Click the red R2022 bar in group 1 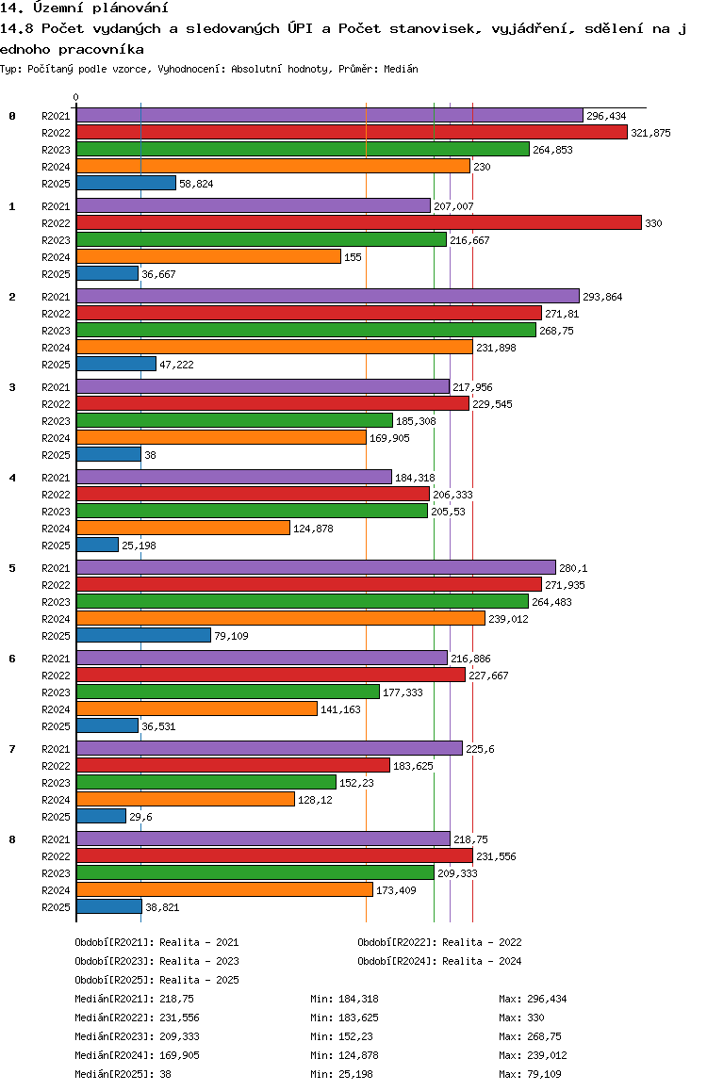coord(359,222)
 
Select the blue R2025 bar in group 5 coord(143,635)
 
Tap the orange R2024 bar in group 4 coord(183,529)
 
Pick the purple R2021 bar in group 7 coord(270,749)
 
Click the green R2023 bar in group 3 coord(235,421)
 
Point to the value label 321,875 coord(650,133)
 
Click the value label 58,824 coord(196,184)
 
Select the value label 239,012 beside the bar coord(508,619)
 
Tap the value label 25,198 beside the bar coord(139,545)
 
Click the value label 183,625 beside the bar coord(413,766)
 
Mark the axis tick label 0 coord(75,97)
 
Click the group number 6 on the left coord(12,659)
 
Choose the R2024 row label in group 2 coord(56,348)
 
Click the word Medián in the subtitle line coord(401,69)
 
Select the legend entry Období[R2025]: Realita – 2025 coord(156,980)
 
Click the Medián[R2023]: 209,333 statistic coord(137,1036)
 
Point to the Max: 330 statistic coord(522,1018)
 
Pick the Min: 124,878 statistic coord(344,1055)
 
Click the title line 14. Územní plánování coord(84,8)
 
